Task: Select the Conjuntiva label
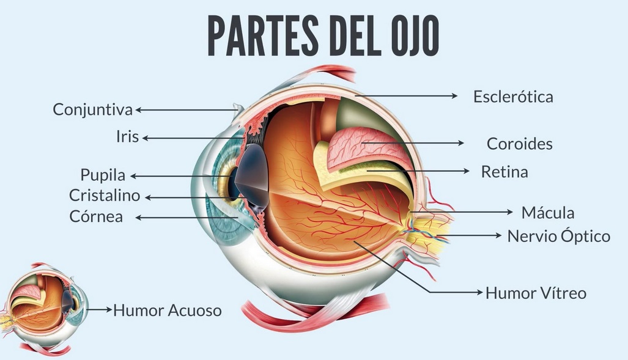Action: (x=92, y=110)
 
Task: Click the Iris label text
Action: (x=127, y=136)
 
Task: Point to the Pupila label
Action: (x=103, y=175)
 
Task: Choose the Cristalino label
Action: (x=105, y=196)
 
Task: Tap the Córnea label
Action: (x=96, y=216)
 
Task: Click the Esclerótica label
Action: (x=513, y=97)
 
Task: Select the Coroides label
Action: (x=520, y=144)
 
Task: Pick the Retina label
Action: (x=504, y=172)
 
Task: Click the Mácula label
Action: (x=548, y=212)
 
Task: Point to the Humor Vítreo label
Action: (x=536, y=293)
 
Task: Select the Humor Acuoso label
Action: (x=168, y=310)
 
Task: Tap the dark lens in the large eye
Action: (x=253, y=175)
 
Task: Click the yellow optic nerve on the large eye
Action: (x=429, y=232)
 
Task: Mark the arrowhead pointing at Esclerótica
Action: (x=454, y=96)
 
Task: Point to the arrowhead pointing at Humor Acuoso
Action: (x=108, y=309)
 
